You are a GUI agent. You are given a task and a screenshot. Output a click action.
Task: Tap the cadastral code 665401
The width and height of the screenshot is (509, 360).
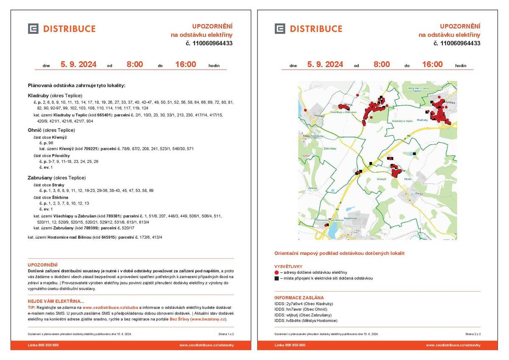(104, 115)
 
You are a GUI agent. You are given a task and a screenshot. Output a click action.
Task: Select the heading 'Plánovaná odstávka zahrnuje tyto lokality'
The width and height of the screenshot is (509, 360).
(76, 86)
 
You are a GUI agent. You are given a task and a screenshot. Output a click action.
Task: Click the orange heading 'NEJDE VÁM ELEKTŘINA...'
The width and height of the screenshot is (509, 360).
(56, 301)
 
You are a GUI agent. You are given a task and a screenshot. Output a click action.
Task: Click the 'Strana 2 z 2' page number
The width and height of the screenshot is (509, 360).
(473, 335)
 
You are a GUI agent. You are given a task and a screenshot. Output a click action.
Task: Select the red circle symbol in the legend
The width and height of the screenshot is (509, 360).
(277, 273)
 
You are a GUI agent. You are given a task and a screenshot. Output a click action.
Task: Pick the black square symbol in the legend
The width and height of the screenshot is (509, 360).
(277, 278)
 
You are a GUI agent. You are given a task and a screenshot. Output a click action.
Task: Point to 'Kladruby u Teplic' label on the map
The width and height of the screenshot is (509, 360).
(402, 121)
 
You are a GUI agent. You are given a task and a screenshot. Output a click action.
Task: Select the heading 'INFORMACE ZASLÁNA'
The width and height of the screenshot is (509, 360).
(299, 298)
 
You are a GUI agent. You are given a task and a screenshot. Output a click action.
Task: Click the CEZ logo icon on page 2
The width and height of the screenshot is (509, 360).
(280, 29)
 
